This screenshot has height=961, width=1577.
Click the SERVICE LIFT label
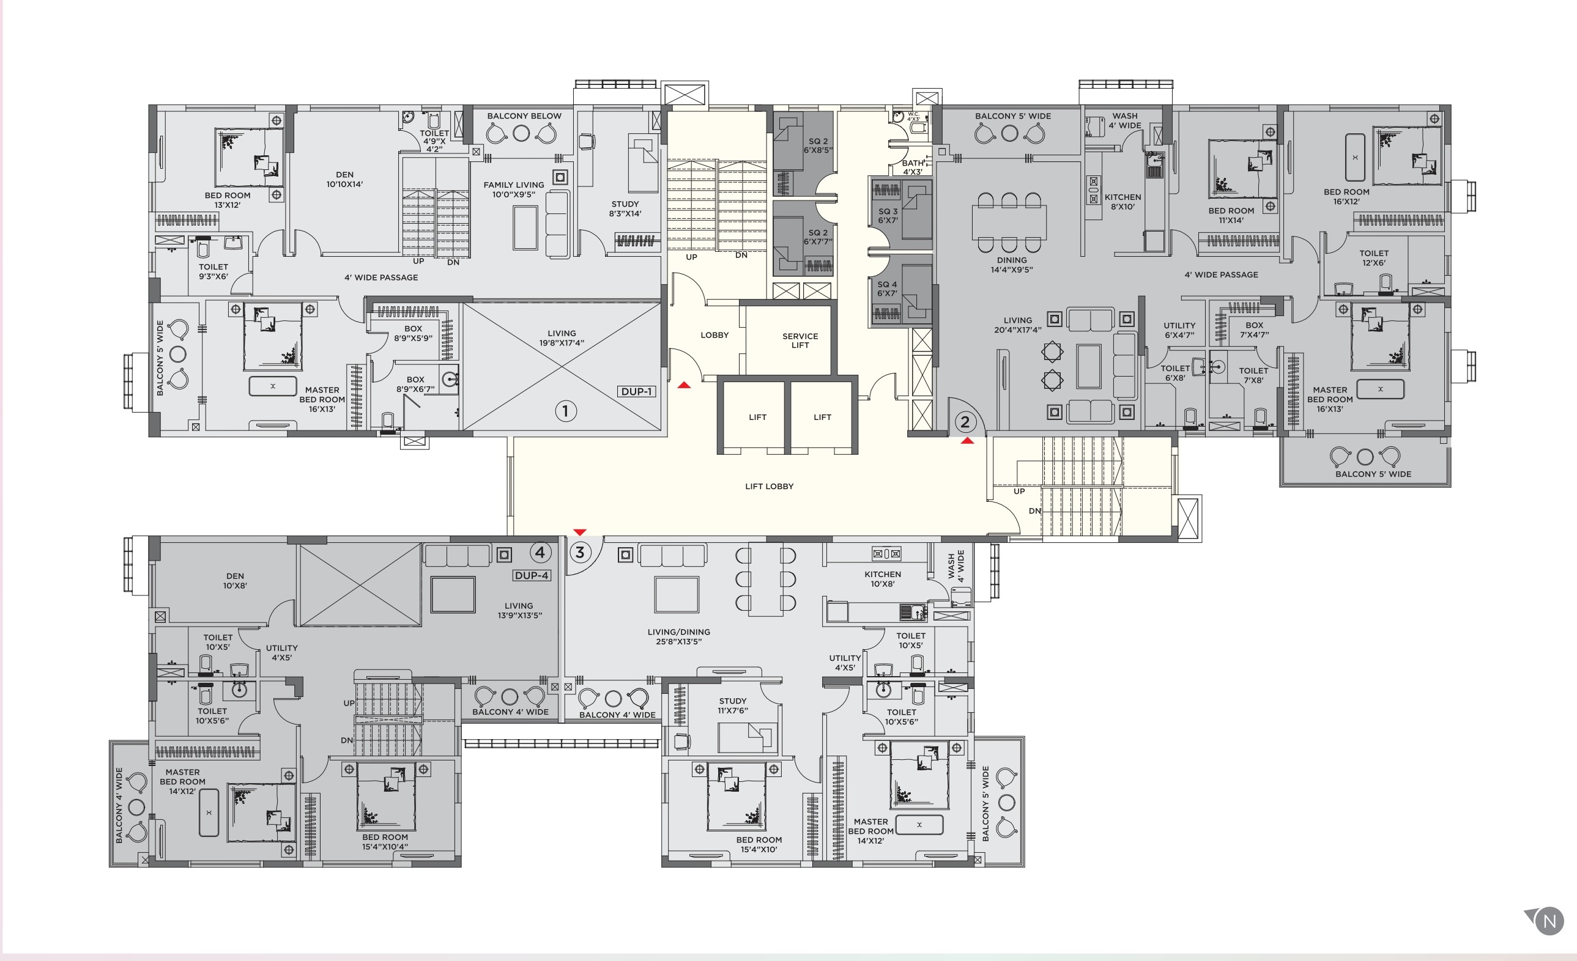pos(800,341)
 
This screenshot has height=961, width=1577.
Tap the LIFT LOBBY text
pos(769,486)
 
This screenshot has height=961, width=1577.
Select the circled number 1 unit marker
pos(565,411)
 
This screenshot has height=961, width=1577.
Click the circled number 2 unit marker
pos(965,422)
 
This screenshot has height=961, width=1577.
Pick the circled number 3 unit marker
pos(580,552)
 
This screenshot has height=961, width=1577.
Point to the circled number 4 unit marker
pos(540,552)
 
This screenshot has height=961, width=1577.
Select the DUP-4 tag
pos(531,575)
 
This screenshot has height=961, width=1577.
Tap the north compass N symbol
pos(1549,921)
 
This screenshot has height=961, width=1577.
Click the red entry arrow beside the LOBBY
pos(684,385)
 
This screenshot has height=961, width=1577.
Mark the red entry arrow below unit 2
pos(967,441)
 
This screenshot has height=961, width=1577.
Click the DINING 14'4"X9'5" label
pos(1011,265)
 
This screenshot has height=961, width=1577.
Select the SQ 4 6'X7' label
pos(887,289)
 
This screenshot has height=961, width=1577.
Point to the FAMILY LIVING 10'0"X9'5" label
pos(513,190)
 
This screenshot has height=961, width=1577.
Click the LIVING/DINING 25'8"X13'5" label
pos(678,636)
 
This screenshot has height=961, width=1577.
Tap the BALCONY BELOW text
pos(524,116)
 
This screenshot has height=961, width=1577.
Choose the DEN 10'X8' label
pos(235,580)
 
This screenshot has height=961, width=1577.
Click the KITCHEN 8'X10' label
pos(1122,202)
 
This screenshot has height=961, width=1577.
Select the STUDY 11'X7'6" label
pos(732,705)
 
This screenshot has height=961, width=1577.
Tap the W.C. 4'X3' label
pos(913,116)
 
